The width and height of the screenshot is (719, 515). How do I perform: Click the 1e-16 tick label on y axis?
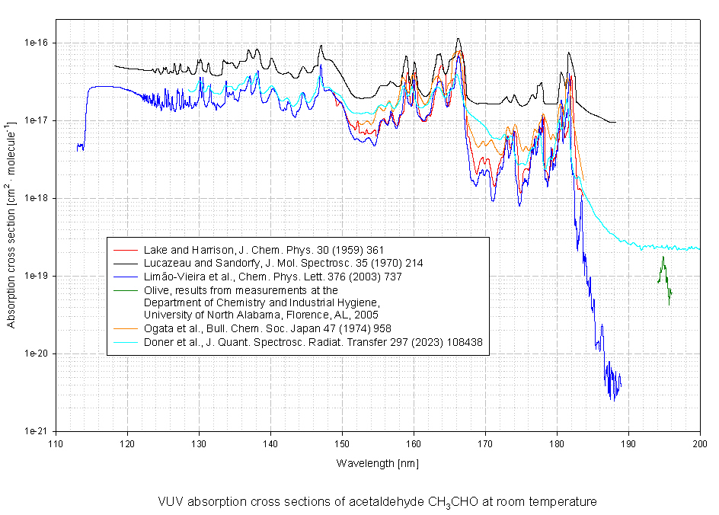coord(36,43)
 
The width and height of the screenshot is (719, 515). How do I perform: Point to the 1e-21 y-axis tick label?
coord(36,431)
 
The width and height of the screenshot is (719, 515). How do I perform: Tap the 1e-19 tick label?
coord(36,276)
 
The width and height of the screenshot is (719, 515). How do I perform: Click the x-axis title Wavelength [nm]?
coord(377,463)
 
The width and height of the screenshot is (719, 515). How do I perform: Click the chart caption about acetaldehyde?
coord(377,502)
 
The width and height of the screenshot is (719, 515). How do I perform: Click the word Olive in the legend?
coord(155,290)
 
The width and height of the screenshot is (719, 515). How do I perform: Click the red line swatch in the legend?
coord(124,249)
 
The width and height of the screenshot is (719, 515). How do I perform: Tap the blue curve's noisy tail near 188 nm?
coord(612,381)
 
